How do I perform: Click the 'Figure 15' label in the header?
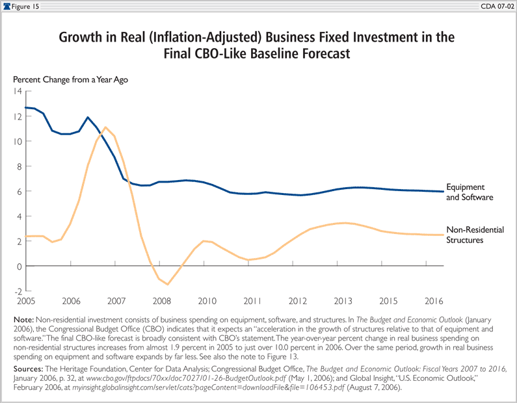25,6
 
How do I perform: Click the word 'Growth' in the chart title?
83,37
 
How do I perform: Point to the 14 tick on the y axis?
18,91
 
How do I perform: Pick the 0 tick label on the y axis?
20,266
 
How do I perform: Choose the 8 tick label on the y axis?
20,166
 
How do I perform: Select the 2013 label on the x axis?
343,302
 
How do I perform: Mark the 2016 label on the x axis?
434,302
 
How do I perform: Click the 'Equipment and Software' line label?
470,191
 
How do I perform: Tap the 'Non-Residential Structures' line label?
475,235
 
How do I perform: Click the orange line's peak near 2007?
105,127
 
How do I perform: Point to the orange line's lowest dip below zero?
168,284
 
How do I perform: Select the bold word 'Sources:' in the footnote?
31,368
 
